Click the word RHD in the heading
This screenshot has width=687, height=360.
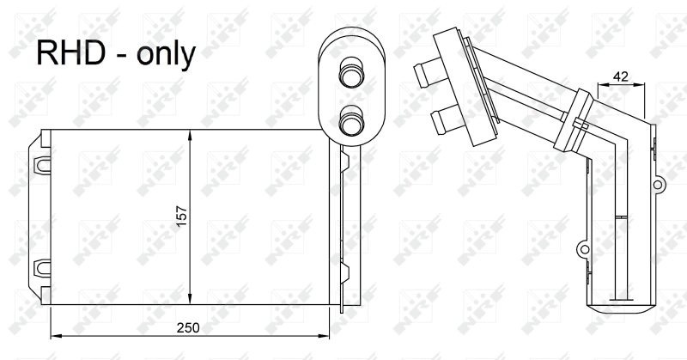71,53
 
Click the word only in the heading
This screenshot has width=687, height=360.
166,54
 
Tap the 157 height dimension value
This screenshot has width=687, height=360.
181,217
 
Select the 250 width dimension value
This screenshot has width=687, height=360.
188,327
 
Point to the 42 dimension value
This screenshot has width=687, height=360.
620,76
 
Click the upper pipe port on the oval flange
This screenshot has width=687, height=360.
351,75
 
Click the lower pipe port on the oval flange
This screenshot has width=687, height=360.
351,121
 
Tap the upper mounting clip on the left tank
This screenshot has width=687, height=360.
41,164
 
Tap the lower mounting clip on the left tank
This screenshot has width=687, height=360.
41,268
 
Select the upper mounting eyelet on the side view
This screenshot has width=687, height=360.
658,184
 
